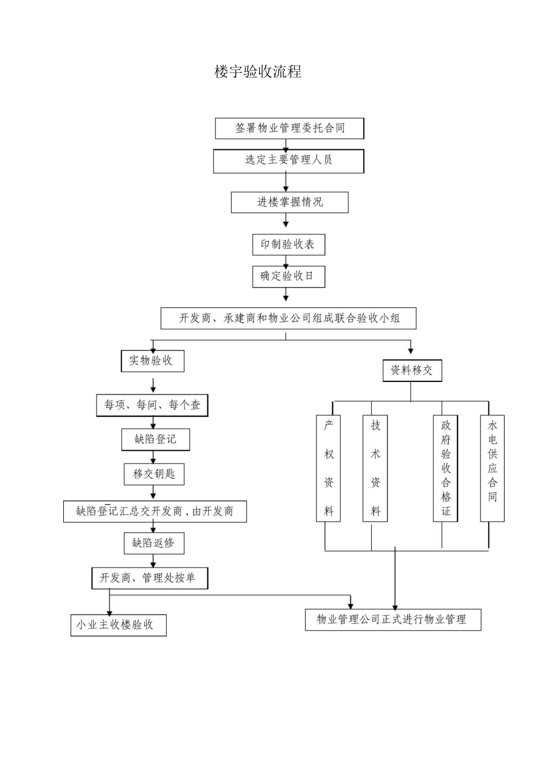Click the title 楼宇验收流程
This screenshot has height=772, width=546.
pos(257,72)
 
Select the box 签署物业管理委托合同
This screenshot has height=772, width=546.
pos(290,128)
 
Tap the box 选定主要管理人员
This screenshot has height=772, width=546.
pos(289,161)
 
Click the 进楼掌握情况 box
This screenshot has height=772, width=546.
pos(290,202)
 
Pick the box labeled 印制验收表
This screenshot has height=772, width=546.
pos(289,245)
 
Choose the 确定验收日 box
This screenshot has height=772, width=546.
pos(289,276)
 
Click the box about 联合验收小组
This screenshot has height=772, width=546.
pos(289,318)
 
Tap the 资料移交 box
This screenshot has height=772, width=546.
pos(412,370)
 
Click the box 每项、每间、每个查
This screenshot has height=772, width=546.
pos(152,406)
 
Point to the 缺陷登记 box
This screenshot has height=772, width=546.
pos(155,439)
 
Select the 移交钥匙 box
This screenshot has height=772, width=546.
pos(154,474)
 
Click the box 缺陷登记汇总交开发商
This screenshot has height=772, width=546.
pos(155,511)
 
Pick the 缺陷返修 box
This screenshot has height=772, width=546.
pos(153,543)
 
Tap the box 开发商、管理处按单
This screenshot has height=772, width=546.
pos(149,578)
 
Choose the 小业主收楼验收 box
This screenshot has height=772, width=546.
pos(118,625)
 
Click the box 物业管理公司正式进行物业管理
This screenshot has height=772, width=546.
pos(393,619)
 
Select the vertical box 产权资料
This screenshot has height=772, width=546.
pos(329,468)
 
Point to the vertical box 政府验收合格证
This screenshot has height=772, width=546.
pos(445,468)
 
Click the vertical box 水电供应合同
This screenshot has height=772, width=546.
pos(493,468)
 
